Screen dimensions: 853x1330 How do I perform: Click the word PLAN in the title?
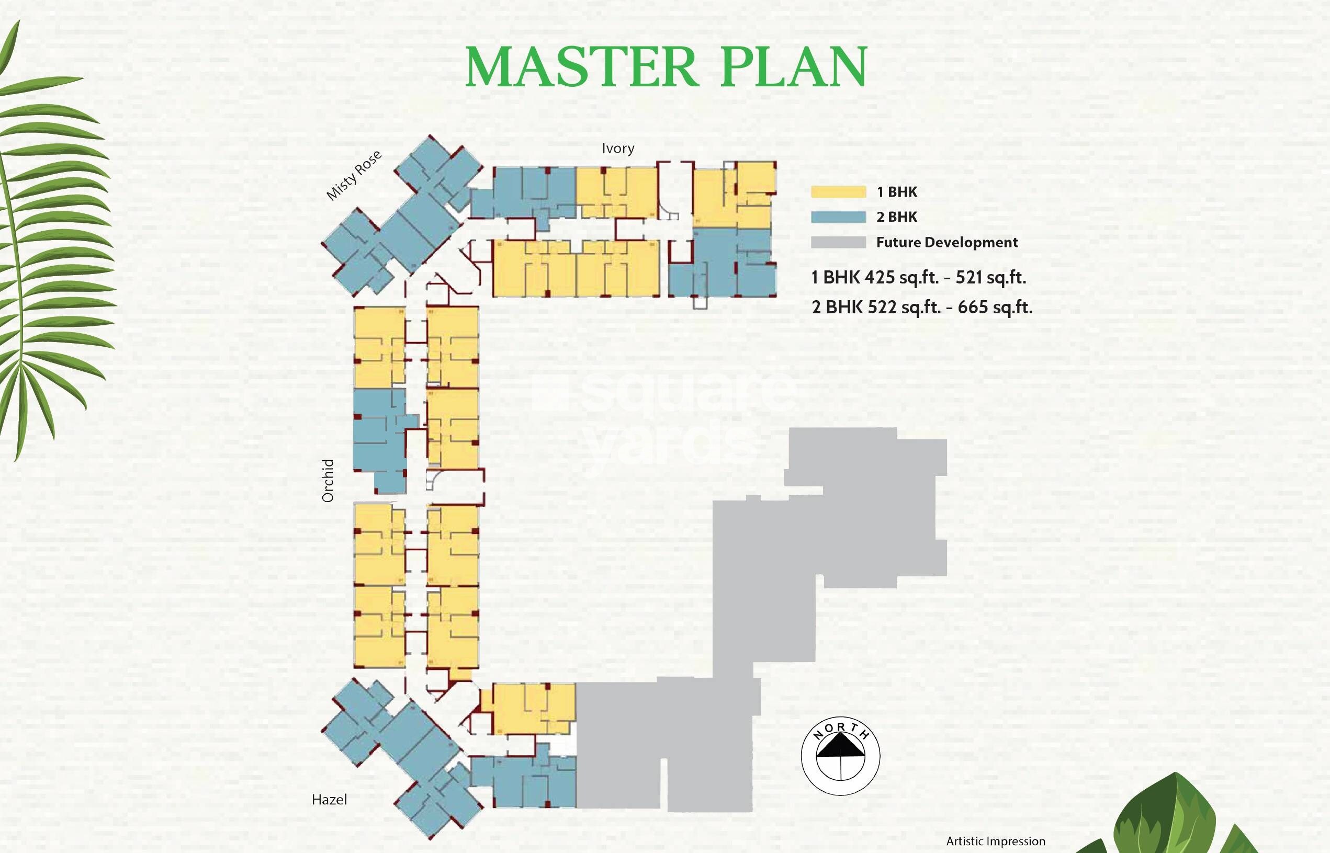794,67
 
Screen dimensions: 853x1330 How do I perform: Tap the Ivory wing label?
618,148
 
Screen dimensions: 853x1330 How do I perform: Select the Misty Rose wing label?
354,175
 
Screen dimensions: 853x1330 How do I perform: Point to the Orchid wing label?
328,480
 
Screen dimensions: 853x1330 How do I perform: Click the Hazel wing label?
329,799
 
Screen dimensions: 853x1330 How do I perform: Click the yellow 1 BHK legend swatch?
838,191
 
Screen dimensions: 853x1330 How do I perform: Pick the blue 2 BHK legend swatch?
838,217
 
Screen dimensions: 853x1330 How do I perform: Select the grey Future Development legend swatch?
838,242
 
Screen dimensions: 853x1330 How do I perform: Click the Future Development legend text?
946,242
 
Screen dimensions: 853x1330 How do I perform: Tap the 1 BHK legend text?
897,191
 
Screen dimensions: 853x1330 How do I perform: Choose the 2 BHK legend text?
897,217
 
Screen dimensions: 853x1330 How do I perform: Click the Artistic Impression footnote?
995,841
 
